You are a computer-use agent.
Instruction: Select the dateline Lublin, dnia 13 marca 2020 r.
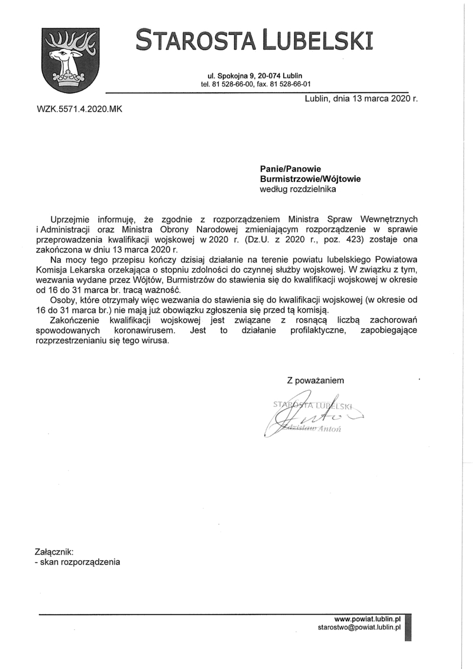coord(361,99)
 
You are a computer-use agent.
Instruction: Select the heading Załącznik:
coord(56,551)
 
